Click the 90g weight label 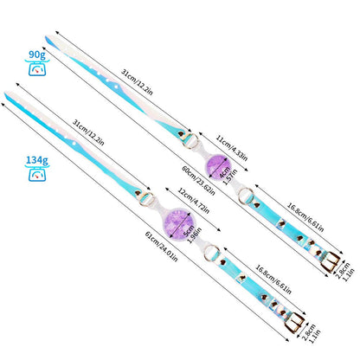37,54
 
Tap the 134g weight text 36,158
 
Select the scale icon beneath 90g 37,69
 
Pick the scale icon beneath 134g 36,175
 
